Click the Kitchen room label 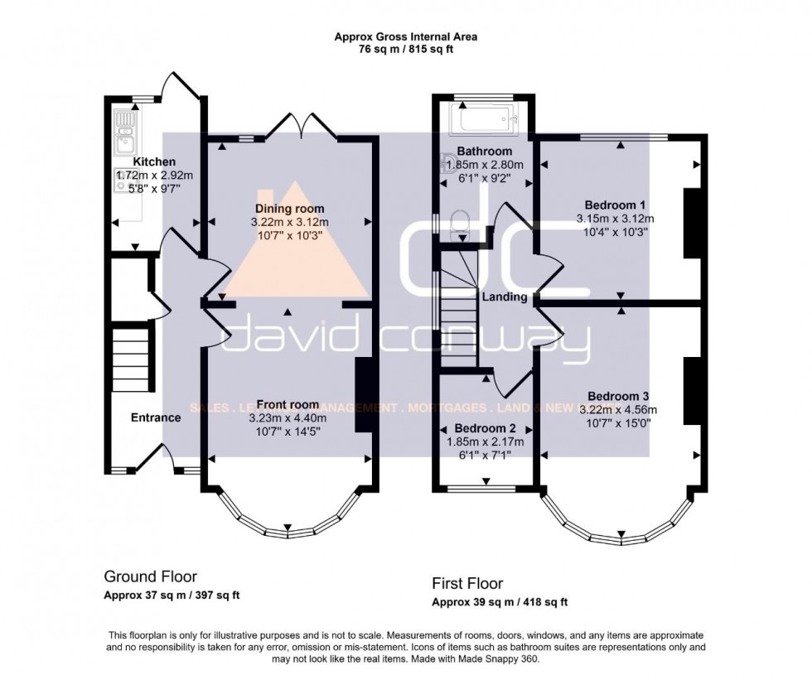tap(155, 162)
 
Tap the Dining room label tap(289, 209)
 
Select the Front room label tap(289, 405)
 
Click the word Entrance tap(156, 417)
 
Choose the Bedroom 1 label tap(615, 205)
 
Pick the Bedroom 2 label tap(485, 429)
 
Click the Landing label tap(505, 297)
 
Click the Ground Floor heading tap(150, 576)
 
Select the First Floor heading tap(467, 584)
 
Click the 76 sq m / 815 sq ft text tap(405, 50)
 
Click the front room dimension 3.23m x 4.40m tap(289, 418)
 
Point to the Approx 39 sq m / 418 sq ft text tap(500, 602)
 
